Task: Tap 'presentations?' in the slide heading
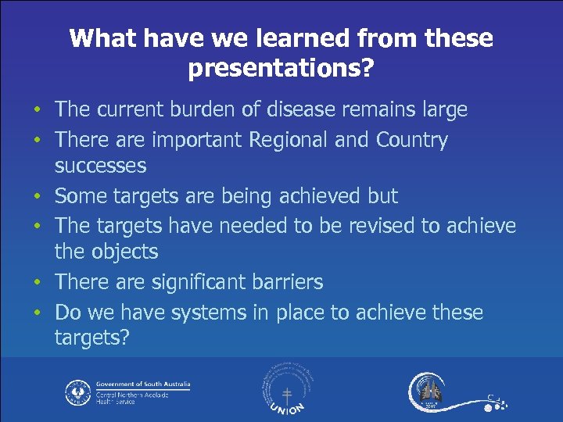click(281, 69)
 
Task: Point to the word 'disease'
click(301, 109)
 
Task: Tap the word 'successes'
click(100, 165)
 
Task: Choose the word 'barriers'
click(286, 281)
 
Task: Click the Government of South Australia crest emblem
click(77, 392)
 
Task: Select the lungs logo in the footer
click(429, 390)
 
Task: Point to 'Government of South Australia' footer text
click(142, 384)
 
